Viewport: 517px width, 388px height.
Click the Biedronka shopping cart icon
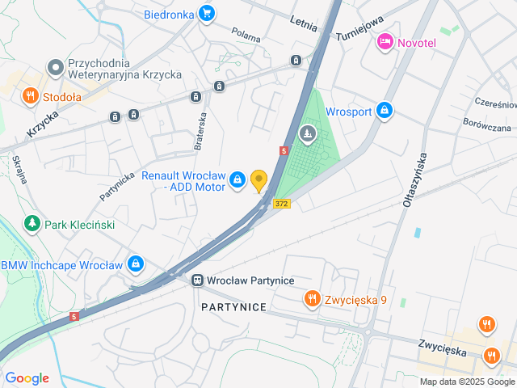(x=207, y=13)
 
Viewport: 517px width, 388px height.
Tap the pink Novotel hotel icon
(x=385, y=41)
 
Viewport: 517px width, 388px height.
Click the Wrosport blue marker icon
(x=385, y=110)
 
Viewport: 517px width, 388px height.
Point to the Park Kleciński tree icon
(x=32, y=223)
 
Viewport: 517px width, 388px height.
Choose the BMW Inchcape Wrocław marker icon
(x=136, y=264)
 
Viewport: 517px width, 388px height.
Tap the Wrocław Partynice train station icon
(x=197, y=280)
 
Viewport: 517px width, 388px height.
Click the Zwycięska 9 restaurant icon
(x=312, y=300)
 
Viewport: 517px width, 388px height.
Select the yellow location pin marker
(x=258, y=180)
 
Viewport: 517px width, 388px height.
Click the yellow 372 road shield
(x=280, y=204)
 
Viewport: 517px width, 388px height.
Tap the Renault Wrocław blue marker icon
(x=237, y=180)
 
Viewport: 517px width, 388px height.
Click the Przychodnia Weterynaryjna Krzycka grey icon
(x=55, y=66)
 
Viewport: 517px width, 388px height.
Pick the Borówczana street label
(x=487, y=127)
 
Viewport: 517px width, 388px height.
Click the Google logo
(x=27, y=378)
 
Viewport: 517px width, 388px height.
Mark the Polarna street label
(x=246, y=35)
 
